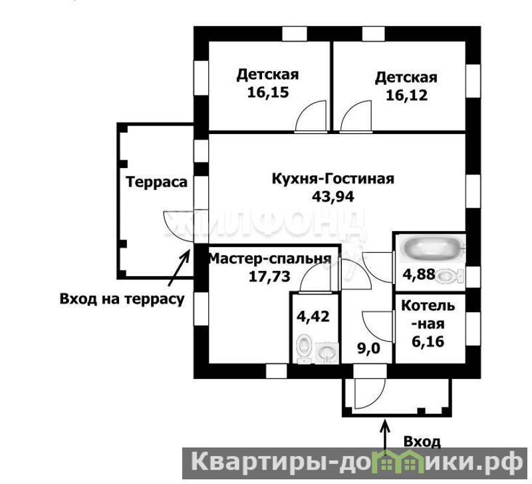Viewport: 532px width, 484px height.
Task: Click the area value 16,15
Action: (x=268, y=92)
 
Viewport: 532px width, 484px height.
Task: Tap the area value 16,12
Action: (x=406, y=96)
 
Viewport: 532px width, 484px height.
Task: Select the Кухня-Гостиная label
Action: (x=333, y=179)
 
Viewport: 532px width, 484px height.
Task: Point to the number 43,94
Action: (x=333, y=197)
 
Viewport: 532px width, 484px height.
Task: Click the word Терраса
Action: (x=156, y=182)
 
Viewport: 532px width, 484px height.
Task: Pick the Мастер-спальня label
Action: (x=270, y=259)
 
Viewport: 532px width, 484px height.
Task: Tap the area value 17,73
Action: (x=270, y=277)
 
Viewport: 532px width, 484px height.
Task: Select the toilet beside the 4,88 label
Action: (x=450, y=276)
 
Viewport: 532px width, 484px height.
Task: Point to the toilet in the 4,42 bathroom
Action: (x=305, y=349)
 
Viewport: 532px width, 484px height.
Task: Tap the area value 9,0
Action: (x=368, y=349)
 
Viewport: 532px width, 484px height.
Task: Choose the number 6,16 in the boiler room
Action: (x=428, y=341)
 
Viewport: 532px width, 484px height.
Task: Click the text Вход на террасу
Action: (x=122, y=299)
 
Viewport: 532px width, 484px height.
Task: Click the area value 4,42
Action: (x=313, y=317)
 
